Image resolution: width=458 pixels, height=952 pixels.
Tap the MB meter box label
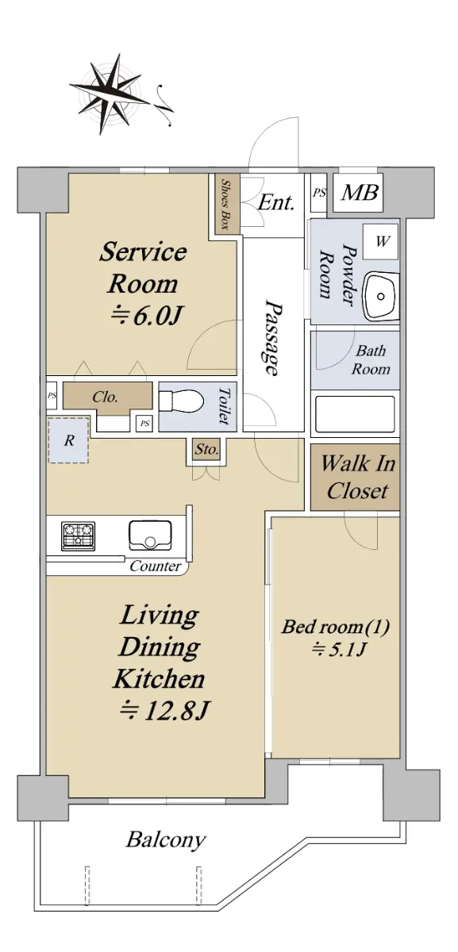(360, 192)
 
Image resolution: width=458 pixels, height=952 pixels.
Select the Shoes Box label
(225, 204)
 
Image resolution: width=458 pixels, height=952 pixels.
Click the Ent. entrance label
(276, 202)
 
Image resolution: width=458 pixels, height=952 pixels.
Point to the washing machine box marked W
(381, 242)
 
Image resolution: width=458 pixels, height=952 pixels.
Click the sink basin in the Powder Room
(381, 296)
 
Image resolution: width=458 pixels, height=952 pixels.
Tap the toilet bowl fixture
(181, 401)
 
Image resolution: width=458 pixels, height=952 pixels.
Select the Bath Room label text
(371, 359)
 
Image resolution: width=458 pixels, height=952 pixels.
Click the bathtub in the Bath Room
(355, 414)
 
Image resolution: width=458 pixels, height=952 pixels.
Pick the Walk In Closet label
(357, 477)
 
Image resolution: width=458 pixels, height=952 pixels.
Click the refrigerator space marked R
(68, 440)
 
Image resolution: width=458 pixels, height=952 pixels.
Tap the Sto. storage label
(206, 449)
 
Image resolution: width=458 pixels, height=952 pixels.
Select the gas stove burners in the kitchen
(79, 536)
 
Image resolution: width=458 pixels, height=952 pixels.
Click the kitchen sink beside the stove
(150, 535)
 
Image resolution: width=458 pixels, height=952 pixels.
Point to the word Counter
(156, 566)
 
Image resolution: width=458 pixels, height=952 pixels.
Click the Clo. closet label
(105, 397)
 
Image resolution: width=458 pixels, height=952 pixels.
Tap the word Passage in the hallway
(272, 337)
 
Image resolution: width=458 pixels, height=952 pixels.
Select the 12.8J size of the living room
(165, 710)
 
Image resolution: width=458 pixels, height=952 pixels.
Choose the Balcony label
(166, 839)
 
